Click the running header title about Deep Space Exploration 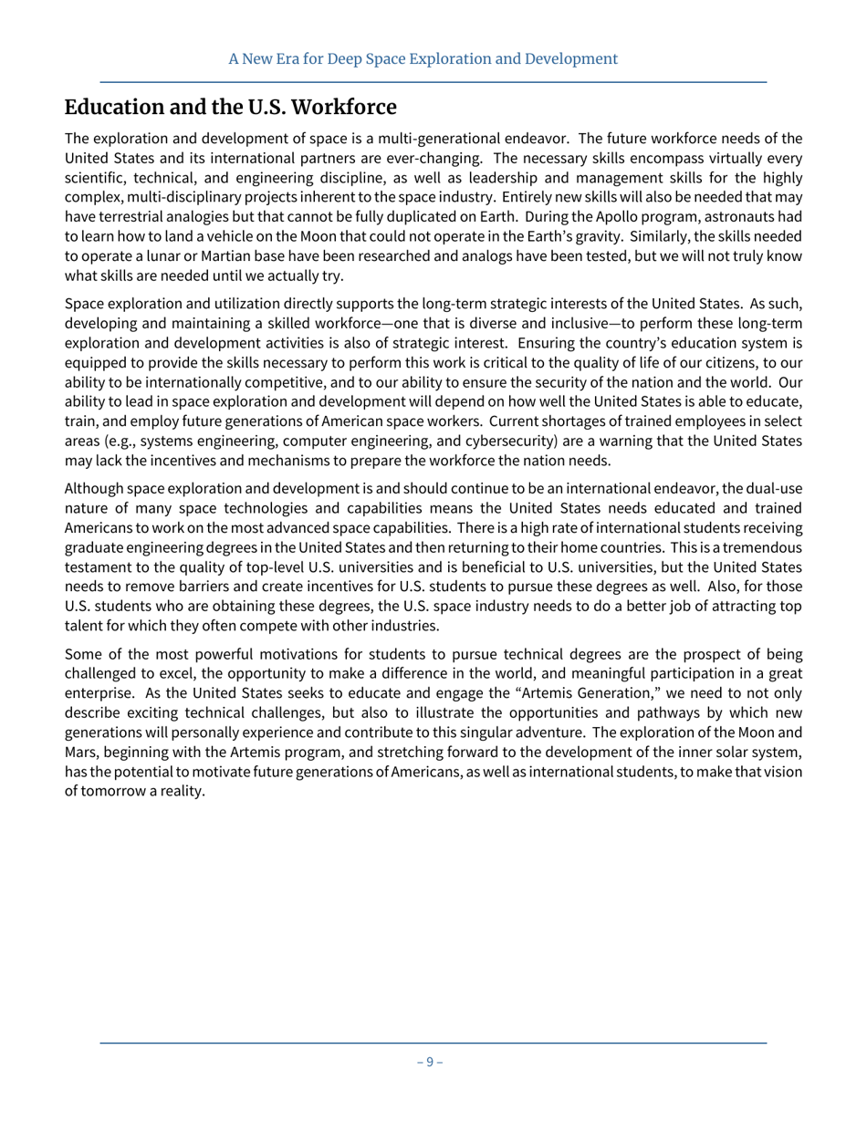pos(423,59)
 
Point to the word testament pos(98,566)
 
